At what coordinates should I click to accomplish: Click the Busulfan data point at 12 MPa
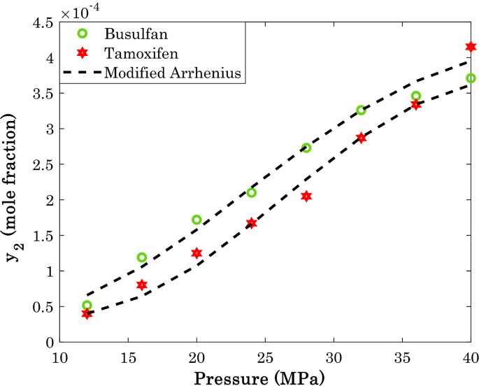coord(87,305)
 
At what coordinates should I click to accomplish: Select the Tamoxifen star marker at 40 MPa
coord(471,47)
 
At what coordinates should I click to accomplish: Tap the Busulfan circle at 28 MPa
coord(306,148)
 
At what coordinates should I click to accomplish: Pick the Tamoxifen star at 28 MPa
coord(306,196)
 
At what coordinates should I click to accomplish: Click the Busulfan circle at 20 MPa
coord(196,220)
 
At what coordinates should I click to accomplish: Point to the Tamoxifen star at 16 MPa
coord(142,285)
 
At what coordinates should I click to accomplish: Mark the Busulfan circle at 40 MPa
coord(471,78)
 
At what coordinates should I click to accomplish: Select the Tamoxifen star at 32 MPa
coord(361,138)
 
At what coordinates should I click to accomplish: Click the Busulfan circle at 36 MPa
coord(416,96)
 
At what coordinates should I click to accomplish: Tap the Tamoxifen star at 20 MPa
coord(196,252)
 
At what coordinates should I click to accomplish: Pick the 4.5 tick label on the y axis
coord(44,23)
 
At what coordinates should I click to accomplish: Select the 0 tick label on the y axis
coord(50,342)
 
